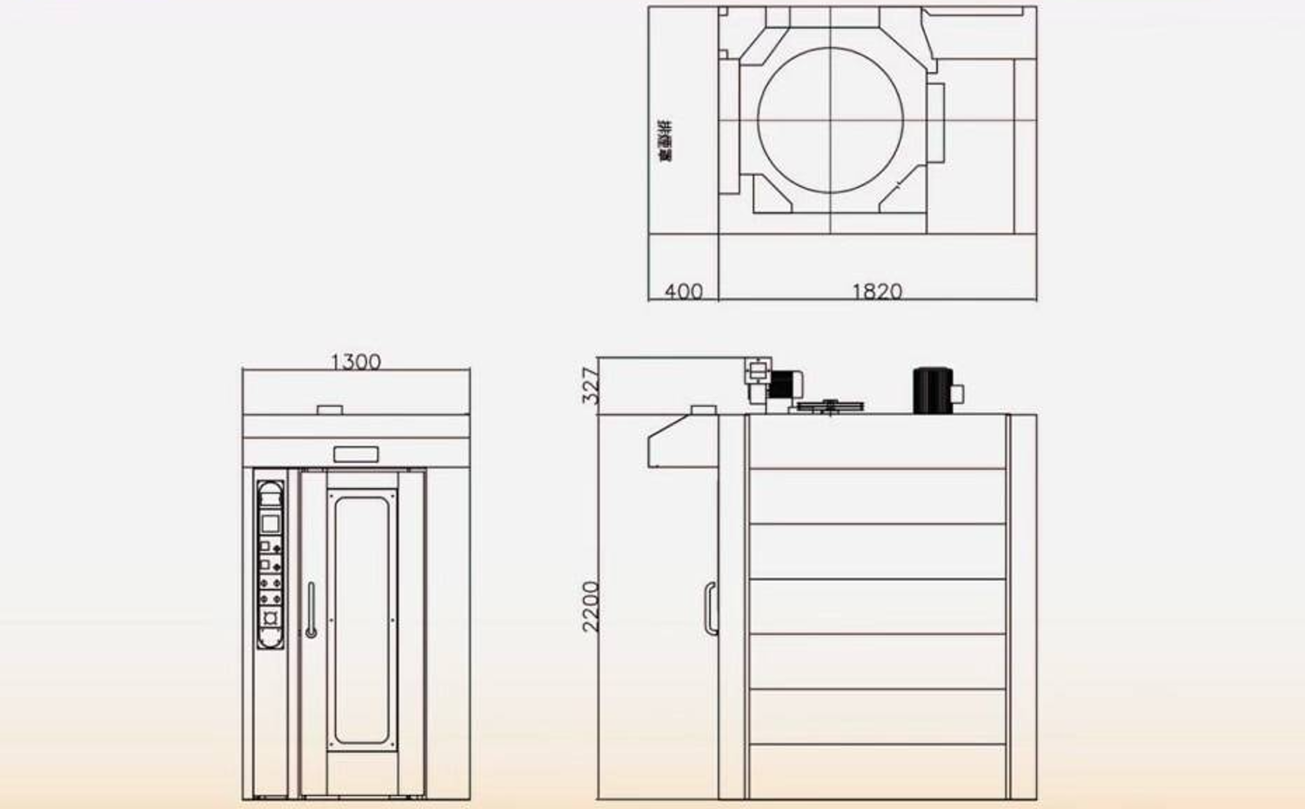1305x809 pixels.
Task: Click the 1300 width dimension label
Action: click(356, 361)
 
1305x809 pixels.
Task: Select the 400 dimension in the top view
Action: click(683, 291)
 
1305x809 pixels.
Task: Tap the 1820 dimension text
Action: click(876, 291)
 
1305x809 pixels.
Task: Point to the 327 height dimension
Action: click(591, 385)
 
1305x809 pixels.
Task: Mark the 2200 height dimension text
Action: click(591, 606)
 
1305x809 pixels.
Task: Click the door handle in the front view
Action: click(311, 610)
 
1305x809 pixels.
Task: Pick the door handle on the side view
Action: click(710, 608)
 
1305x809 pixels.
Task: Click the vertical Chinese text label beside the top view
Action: click(666, 142)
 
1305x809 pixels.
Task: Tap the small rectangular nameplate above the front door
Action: click(357, 453)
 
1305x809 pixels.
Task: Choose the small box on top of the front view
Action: click(330, 409)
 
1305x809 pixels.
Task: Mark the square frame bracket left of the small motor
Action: click(757, 371)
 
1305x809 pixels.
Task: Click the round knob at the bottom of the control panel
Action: click(271, 618)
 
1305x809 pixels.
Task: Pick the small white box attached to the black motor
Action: click(958, 393)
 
